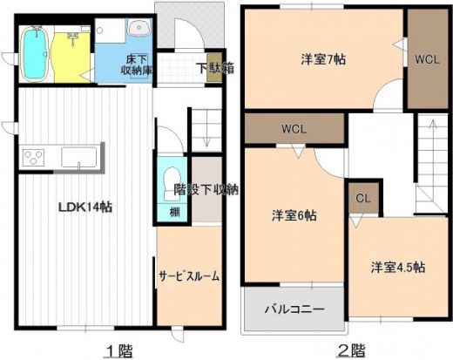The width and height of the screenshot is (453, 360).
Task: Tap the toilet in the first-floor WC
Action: pyautogui.click(x=170, y=176)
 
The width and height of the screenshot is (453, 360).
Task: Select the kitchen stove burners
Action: pyautogui.click(x=33, y=158)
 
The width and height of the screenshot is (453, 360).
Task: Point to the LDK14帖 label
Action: pyautogui.click(x=85, y=207)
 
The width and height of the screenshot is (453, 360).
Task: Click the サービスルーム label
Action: pyautogui.click(x=188, y=275)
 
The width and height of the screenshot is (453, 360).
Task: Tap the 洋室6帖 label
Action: pyautogui.click(x=293, y=214)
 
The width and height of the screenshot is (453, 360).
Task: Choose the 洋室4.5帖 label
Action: pyautogui.click(x=397, y=267)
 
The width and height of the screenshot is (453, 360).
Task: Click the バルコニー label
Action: pyautogui.click(x=294, y=309)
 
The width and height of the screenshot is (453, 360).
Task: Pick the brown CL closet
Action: pyautogui.click(x=364, y=198)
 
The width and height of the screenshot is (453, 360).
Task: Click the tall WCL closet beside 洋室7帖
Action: pyautogui.click(x=427, y=59)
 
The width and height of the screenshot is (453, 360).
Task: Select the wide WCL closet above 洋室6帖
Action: pyautogui.click(x=293, y=129)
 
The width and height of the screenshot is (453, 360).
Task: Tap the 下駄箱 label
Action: pyautogui.click(x=207, y=66)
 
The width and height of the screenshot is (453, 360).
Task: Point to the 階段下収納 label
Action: pyautogui.click(x=206, y=188)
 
